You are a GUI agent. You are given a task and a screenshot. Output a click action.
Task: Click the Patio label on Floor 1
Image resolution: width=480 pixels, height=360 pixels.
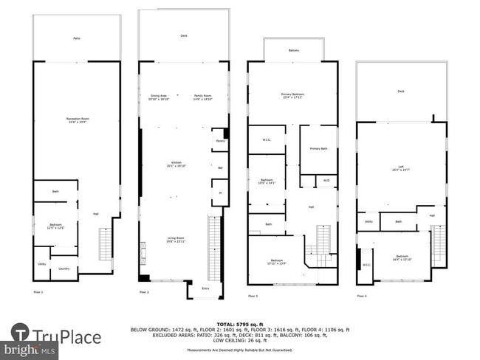[76, 38]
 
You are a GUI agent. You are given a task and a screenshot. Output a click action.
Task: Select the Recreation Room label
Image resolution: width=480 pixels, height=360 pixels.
[76, 120]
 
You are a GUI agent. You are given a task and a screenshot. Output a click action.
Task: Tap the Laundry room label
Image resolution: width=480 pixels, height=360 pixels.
[64, 269]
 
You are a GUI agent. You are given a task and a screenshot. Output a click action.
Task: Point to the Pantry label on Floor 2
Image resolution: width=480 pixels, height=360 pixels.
[220, 139]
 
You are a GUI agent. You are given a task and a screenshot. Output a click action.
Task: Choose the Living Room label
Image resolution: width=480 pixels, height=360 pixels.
[176, 239]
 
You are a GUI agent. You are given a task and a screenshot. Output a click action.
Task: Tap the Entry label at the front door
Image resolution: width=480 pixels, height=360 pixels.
[205, 288]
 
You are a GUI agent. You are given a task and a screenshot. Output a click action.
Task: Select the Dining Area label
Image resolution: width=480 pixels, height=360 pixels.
[159, 97]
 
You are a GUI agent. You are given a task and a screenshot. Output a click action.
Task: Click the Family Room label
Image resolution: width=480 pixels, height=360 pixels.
[202, 97]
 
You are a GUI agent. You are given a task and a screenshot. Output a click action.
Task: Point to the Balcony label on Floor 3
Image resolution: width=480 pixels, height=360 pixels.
[293, 51]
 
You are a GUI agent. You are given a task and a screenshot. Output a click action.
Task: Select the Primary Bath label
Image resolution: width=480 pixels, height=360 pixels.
[319, 149]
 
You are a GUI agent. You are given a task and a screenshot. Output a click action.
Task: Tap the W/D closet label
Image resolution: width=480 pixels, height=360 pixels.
[326, 179]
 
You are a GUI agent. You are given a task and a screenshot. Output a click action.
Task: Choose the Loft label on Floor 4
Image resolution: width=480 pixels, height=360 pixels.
[401, 170]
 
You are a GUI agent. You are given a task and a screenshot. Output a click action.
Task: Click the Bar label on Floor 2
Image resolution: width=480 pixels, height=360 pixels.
[220, 168]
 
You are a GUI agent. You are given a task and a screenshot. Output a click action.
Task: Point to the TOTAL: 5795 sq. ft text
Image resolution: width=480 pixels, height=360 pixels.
[240, 324]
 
